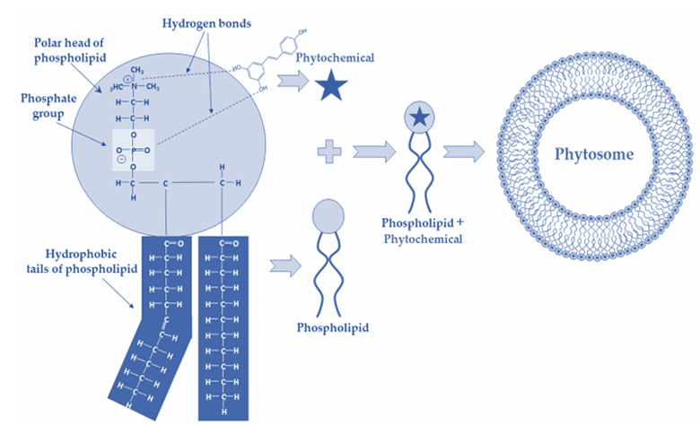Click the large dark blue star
coord(333,85)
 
